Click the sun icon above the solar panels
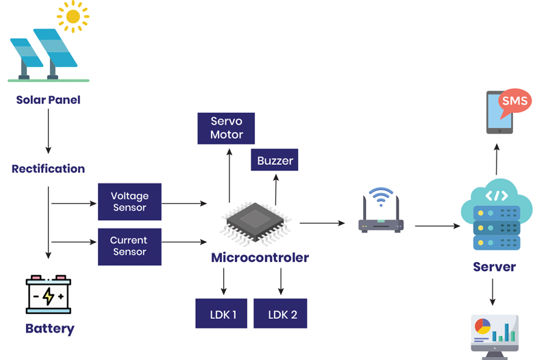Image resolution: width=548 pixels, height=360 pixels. point(73,16)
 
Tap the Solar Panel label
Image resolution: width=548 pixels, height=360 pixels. point(48,100)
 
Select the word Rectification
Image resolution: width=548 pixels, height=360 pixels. point(48,168)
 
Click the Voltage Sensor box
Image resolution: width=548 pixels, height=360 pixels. point(129,202)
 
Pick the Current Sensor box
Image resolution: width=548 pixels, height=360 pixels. point(129,246)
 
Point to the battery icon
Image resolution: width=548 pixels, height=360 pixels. point(48,294)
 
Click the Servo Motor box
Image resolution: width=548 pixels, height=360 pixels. point(227,128)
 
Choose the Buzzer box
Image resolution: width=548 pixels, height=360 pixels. point(275,161)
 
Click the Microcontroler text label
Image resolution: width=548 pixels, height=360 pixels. point(260,258)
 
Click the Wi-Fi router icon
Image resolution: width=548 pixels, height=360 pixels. point(381,212)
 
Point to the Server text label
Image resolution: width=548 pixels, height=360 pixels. point(494,266)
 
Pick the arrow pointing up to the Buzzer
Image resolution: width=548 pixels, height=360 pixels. point(275,189)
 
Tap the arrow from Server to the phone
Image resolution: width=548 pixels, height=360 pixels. point(497,157)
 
